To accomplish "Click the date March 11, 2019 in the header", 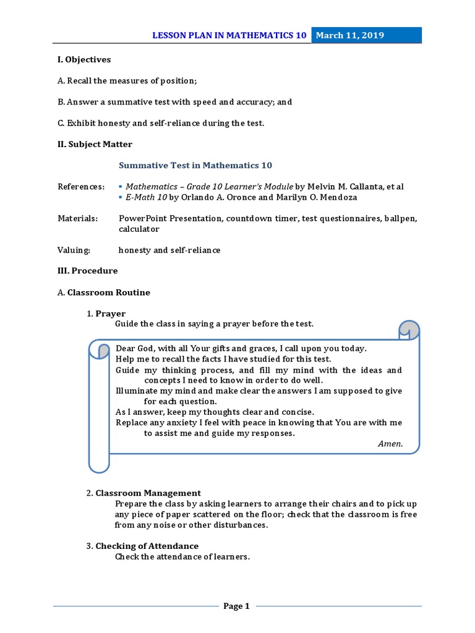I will tap(350, 35).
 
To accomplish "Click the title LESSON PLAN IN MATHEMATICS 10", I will tap(229, 35).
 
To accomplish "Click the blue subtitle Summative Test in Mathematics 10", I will tap(195, 166).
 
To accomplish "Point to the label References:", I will tap(81, 187).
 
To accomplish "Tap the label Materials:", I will tap(78, 218).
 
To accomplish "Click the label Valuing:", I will tap(74, 250).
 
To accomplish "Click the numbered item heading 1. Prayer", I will tap(106, 314).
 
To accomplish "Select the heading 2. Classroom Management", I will tap(143, 493).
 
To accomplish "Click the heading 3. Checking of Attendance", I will tap(142, 546).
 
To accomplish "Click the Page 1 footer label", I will tap(236, 606).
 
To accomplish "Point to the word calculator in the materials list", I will tap(139, 229).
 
